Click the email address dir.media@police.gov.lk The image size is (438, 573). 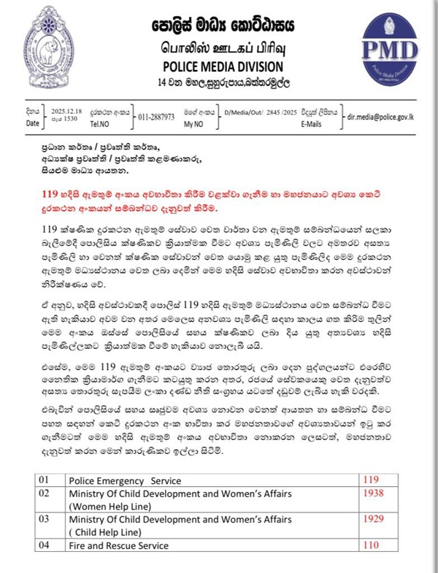click(x=388, y=117)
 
